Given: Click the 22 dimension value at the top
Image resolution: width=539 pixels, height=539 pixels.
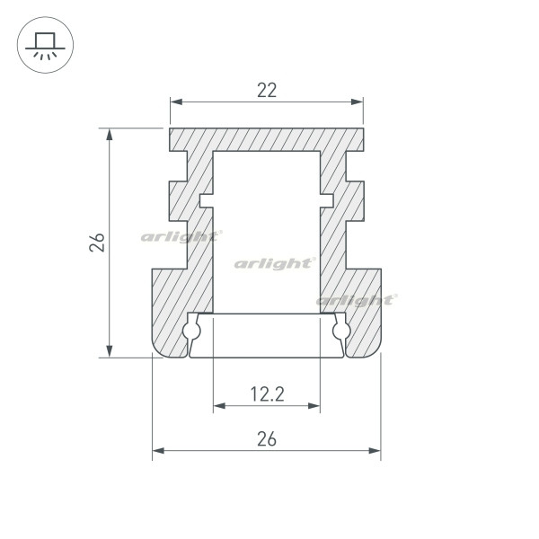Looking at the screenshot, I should coord(266,90).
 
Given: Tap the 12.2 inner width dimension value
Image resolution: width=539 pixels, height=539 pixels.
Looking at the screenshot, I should coord(266,393).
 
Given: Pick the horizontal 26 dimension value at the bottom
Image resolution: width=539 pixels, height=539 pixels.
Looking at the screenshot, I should coord(266,438).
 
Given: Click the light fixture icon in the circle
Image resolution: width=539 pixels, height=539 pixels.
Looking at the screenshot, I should coord(42,43).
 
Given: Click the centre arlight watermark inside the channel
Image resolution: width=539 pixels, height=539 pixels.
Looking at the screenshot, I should coord(275,263).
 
